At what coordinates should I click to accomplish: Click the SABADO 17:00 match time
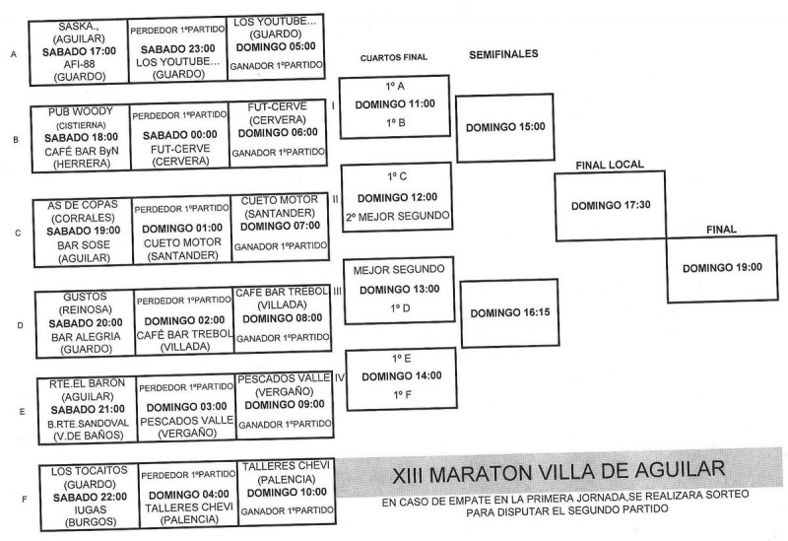[x=84, y=50]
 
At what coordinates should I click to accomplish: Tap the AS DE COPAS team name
[x=83, y=204]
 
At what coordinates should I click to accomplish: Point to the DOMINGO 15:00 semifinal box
[x=505, y=127]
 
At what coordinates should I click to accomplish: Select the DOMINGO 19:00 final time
[x=722, y=267]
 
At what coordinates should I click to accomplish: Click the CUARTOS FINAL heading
[x=393, y=57]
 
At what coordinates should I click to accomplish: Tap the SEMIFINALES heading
[x=503, y=54]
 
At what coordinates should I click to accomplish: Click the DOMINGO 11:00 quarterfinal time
[x=396, y=102]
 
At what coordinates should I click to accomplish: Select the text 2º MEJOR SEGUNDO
[x=396, y=215]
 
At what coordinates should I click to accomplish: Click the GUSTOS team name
[x=83, y=296]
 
